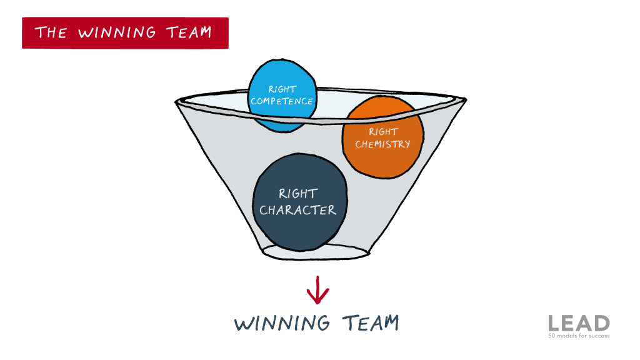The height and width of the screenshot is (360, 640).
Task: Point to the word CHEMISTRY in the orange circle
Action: pos(382,144)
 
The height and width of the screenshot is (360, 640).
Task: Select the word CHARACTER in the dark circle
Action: pos(298,210)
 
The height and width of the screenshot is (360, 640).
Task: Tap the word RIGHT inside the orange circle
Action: pos(383,132)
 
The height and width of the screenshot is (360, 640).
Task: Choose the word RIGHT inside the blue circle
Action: pos(282,89)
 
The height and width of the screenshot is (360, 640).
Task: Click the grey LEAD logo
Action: pos(579,323)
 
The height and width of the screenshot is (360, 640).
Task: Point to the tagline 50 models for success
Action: pos(579,336)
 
